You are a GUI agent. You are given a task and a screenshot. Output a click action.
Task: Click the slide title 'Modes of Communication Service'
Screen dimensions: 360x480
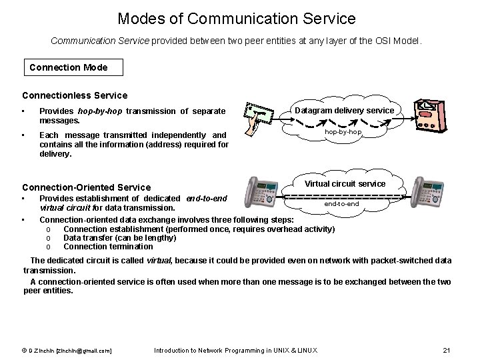click(237, 19)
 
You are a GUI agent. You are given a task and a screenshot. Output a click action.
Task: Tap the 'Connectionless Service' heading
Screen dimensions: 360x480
click(75, 95)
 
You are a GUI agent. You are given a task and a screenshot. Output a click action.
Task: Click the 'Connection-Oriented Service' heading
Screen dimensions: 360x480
click(87, 187)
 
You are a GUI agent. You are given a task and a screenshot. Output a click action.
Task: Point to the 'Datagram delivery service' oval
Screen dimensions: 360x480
click(345, 110)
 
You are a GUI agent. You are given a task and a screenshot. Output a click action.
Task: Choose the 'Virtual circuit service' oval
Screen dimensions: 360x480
click(345, 183)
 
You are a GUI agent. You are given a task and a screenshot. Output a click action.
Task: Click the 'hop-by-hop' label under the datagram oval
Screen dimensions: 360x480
click(343, 132)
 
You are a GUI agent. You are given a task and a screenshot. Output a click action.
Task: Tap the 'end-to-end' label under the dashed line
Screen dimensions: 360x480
click(341, 203)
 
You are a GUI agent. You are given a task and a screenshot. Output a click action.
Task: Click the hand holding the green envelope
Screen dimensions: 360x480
click(254, 118)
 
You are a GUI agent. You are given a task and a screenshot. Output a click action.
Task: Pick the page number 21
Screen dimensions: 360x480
click(447, 351)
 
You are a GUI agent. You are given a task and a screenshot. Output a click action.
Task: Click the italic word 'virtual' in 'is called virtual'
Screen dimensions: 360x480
click(159, 261)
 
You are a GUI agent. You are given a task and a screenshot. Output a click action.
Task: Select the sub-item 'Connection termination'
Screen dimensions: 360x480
click(108, 247)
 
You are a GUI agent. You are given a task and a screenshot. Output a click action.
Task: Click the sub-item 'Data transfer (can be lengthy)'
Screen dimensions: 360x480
click(119, 238)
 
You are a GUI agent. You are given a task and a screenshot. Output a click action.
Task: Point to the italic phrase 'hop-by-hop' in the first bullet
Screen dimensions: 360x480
click(101, 111)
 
